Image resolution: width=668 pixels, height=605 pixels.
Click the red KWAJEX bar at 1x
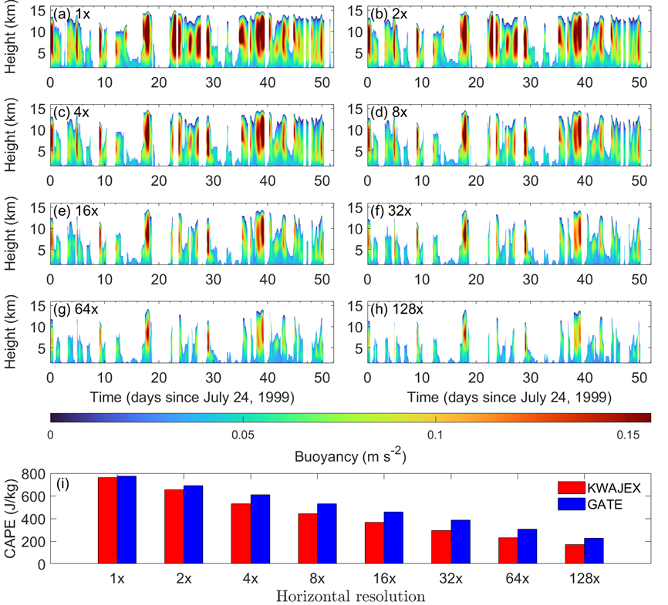click(x=107, y=521)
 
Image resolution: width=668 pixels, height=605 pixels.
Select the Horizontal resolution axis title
click(x=350, y=597)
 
